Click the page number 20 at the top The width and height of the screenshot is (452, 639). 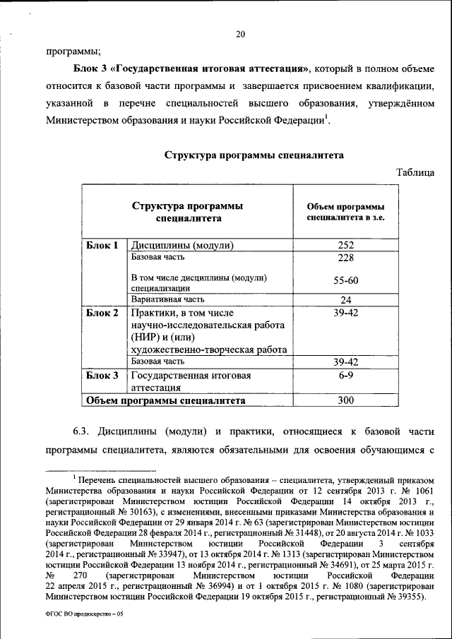[240, 33]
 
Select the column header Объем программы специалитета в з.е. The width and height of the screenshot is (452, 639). [345, 212]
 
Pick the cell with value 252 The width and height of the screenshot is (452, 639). [345, 246]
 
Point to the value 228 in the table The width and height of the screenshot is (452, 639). [345, 258]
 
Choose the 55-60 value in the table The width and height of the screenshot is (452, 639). [345, 281]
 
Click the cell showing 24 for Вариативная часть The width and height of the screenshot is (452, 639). [345, 299]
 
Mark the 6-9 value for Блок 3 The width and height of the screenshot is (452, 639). [345, 376]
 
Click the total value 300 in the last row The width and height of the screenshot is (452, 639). [345, 401]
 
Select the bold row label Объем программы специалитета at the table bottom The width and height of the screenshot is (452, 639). [165, 401]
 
